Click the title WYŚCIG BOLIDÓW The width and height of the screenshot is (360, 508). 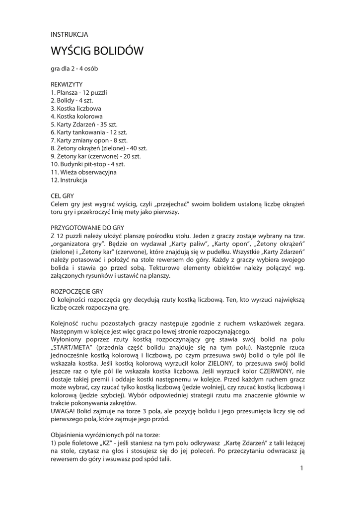pyautogui.click(x=97, y=51)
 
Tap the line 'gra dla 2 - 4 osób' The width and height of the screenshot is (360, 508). pyautogui.click(x=77, y=68)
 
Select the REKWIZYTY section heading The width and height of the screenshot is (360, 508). pyautogui.click(x=67, y=84)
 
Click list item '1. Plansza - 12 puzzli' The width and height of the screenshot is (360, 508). pyautogui.click(x=79, y=92)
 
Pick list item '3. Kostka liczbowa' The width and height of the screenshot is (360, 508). pyautogui.click(x=76, y=108)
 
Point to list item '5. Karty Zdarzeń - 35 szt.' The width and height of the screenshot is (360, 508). pyautogui.click(x=84, y=124)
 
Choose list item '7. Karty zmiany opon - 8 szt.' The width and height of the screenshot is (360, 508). pyautogui.click(x=89, y=140)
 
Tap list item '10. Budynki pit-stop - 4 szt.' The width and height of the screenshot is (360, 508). pyautogui.click(x=87, y=164)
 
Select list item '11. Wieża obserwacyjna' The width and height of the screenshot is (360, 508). pyautogui.click(x=83, y=172)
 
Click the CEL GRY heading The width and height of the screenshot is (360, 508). pyautogui.click(x=62, y=196)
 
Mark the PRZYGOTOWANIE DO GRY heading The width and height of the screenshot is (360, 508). pyautogui.click(x=87, y=227)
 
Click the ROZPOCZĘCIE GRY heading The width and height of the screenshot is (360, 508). pyautogui.click(x=76, y=291)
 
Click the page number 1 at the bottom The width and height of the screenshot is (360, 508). pyautogui.click(x=301, y=468)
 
